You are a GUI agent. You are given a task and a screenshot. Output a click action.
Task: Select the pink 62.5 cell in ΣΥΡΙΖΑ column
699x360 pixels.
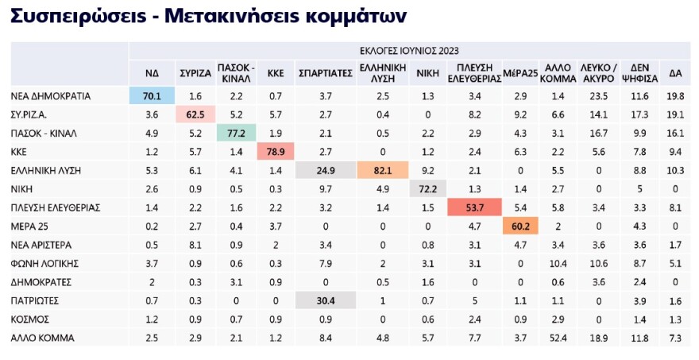coord(195,114)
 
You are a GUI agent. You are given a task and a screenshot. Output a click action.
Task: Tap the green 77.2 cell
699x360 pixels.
coord(236,133)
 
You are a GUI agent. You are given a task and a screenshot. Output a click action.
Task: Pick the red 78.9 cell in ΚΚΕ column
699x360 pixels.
coord(275,151)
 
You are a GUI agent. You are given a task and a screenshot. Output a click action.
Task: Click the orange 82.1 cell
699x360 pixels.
coord(382,169)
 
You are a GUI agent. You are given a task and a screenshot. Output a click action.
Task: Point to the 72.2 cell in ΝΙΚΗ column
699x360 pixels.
coord(429,188)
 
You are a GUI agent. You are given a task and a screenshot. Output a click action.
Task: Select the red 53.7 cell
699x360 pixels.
coord(474,207)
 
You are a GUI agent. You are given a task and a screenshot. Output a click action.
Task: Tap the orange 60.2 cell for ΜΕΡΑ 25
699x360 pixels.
coord(521,225)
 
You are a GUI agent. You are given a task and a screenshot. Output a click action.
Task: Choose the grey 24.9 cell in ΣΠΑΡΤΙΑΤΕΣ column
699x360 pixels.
coord(325,169)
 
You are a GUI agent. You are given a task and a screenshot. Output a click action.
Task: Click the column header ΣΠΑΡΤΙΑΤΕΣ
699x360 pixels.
coord(325,73)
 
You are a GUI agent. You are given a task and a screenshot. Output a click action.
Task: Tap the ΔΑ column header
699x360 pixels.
coord(674,73)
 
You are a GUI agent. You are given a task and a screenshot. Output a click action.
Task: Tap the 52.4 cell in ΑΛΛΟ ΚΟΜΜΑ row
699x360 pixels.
coord(558,337)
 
